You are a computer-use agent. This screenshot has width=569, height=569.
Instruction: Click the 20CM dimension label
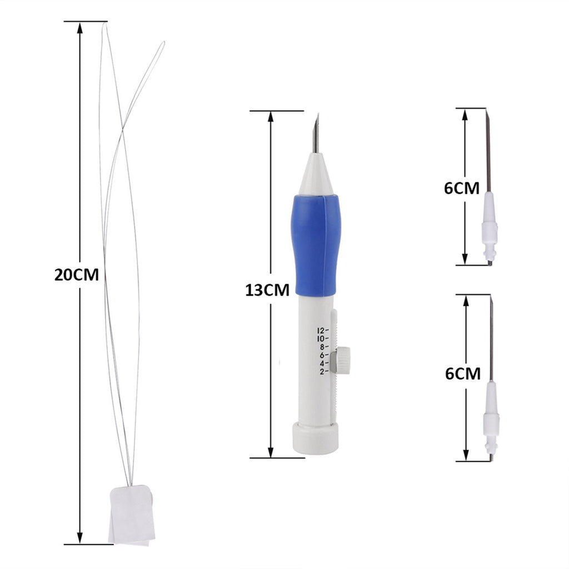77,274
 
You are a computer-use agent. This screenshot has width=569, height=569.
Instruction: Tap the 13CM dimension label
267,290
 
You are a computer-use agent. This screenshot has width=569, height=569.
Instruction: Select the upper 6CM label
462,188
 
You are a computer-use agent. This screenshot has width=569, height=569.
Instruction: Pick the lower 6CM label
463,374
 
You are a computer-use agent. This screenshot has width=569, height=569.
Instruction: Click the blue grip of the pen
316,246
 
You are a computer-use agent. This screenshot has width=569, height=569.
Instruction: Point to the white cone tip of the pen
316,174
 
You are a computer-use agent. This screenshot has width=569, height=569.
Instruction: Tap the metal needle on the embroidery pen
316,133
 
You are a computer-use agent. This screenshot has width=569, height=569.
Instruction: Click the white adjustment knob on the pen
343,360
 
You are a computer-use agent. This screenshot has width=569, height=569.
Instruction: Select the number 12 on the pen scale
321,331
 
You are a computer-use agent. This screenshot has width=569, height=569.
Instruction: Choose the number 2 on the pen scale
322,371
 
